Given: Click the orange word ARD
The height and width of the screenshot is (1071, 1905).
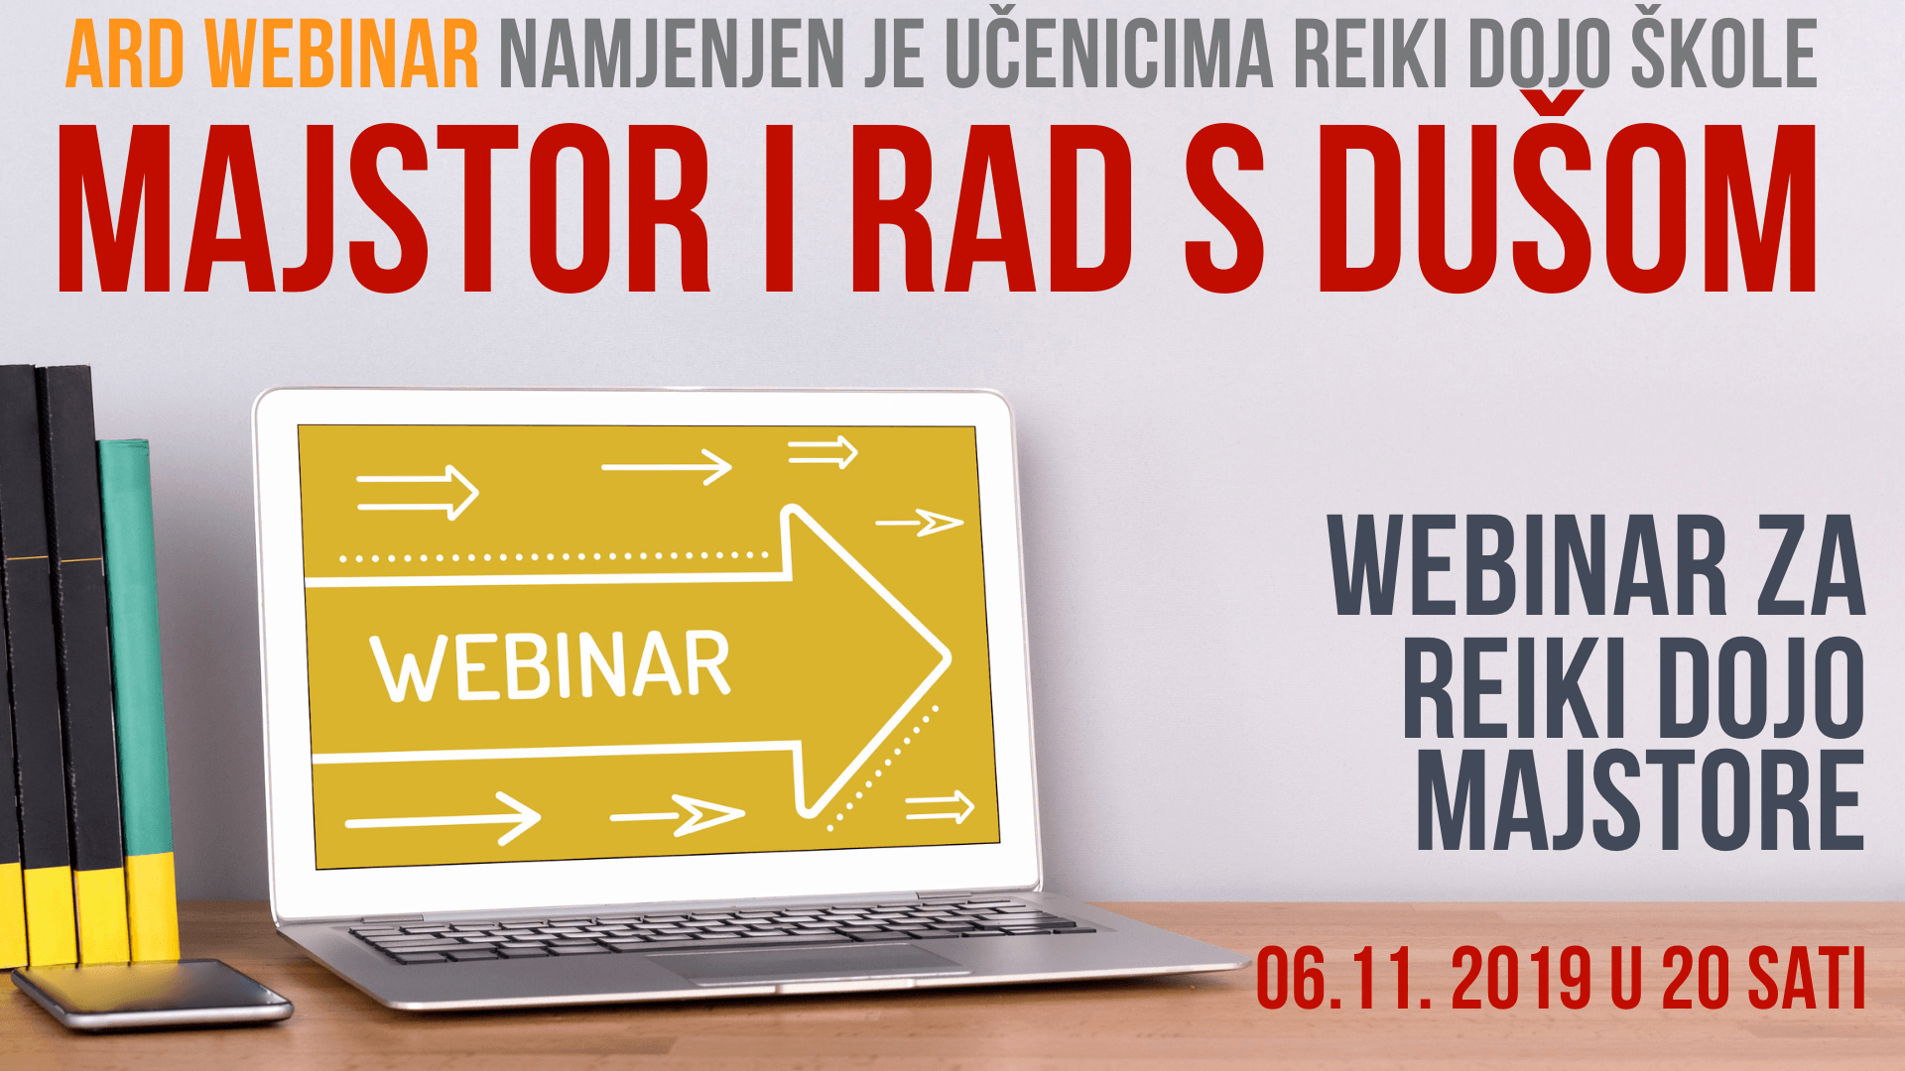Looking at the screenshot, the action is [125, 56].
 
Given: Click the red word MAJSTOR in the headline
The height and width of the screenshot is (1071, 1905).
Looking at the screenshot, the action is [384, 208].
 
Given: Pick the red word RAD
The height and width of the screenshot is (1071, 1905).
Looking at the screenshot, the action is [992, 208].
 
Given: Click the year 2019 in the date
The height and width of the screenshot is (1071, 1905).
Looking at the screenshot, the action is [1521, 979].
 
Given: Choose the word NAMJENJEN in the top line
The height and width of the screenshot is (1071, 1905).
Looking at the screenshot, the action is [671, 56].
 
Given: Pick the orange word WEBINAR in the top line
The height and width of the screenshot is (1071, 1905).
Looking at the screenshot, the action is [343, 56].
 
